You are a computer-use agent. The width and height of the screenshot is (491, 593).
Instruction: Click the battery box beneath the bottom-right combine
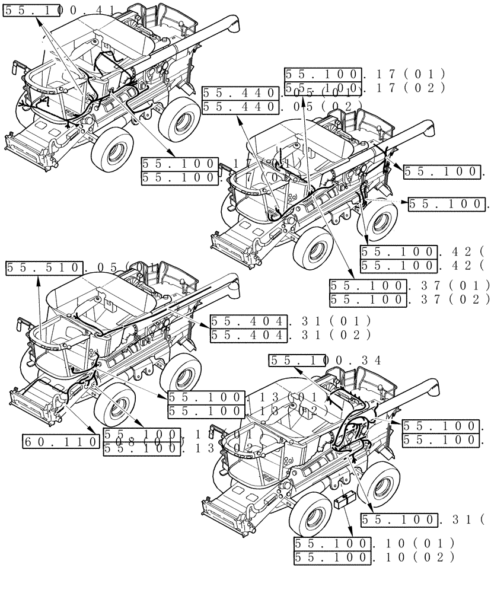(x=345, y=502)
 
